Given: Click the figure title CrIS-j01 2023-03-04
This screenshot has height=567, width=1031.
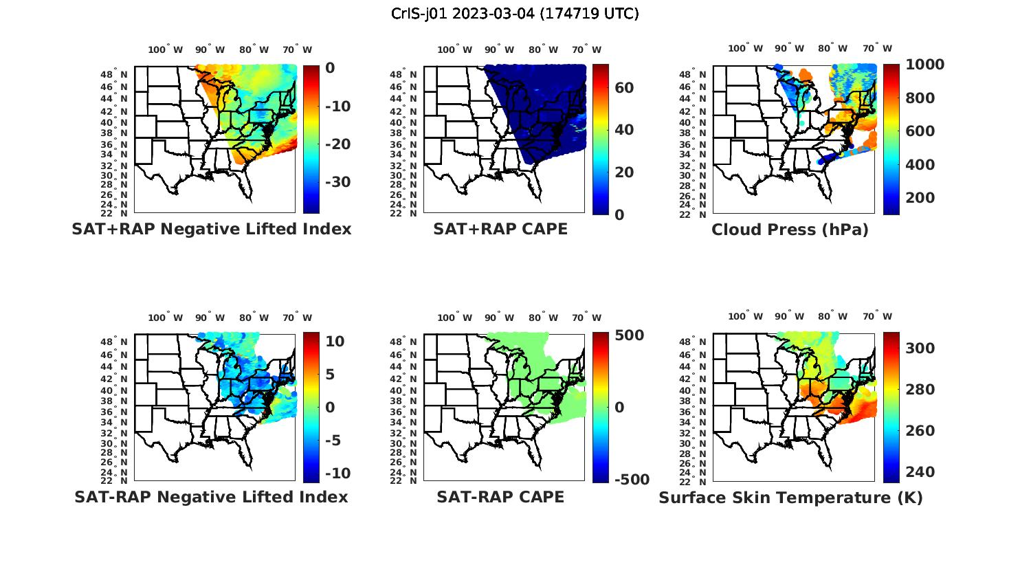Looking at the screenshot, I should tap(515, 13).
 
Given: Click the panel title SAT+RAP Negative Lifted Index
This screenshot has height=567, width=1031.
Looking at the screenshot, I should tap(212, 229).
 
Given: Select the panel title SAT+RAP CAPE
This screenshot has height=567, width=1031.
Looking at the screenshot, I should tap(500, 229).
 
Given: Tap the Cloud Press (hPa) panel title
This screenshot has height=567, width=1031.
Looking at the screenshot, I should tap(790, 230).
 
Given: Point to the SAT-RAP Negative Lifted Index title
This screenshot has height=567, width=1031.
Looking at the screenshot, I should tap(211, 497).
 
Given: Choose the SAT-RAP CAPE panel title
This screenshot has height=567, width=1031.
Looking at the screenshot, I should tap(500, 497).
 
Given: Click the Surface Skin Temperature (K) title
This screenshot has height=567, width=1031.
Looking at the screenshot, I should tap(790, 498).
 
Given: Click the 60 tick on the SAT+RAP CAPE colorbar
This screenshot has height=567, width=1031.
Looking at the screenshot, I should tap(624, 88).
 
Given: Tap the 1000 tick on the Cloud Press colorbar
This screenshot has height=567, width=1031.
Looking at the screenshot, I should tap(924, 65).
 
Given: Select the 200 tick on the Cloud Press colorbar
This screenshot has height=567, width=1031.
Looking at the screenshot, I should tap(920, 198).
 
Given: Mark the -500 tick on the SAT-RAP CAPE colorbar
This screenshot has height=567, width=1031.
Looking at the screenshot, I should tap(631, 480).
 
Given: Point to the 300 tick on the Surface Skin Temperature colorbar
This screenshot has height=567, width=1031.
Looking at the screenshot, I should tap(920, 348).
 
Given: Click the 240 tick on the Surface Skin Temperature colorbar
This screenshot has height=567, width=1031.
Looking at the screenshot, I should tap(920, 472).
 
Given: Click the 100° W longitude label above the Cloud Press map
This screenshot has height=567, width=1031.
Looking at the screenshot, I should tap(745, 48).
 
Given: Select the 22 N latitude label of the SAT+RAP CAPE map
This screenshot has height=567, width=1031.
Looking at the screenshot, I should tap(403, 214).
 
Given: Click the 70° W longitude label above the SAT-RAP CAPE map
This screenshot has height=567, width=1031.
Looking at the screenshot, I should tap(586, 318).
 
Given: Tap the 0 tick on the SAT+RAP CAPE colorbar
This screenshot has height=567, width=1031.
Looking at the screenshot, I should tap(619, 214).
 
